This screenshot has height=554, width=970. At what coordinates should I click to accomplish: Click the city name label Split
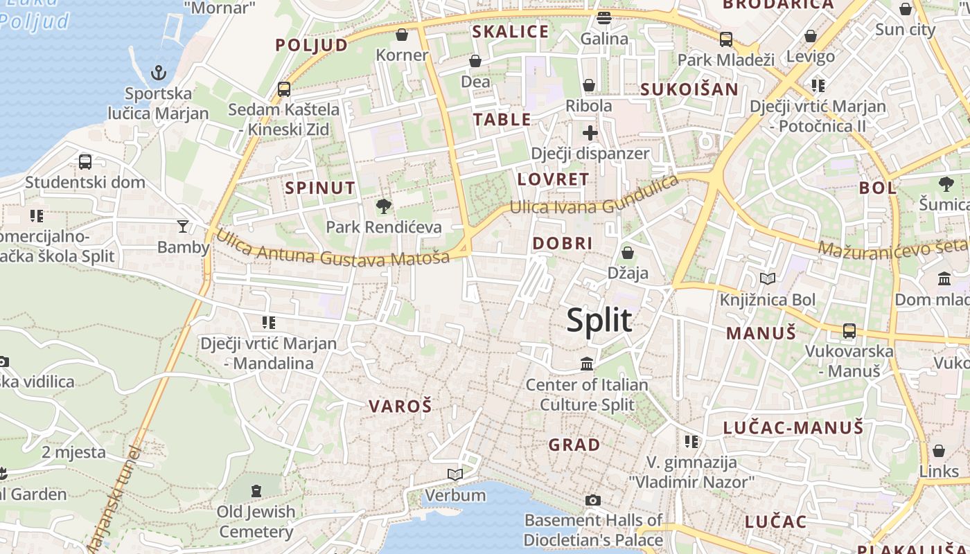[x=599, y=321]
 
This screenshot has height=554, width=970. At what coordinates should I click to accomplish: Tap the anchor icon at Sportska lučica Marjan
[x=159, y=72]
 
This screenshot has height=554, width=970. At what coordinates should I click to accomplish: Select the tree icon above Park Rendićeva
[x=383, y=206]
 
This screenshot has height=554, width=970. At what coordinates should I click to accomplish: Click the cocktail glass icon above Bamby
[x=182, y=226]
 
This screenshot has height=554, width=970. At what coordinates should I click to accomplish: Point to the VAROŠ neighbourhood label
[x=400, y=406]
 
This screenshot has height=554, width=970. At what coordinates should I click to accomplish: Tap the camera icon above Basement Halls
[x=592, y=500]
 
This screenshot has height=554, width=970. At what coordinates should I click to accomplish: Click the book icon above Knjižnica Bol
[x=767, y=278]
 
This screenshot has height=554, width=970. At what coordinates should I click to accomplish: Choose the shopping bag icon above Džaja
[x=628, y=253]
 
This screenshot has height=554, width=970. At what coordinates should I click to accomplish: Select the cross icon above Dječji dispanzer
[x=590, y=132]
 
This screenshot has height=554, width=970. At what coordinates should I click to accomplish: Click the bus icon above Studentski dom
[x=85, y=162]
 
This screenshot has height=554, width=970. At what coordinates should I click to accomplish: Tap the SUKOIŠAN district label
[x=689, y=89]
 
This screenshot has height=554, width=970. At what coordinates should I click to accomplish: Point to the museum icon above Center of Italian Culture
[x=587, y=364]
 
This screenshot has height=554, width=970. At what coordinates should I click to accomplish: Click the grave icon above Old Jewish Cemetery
[x=256, y=491]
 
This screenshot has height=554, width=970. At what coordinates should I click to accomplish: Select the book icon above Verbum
[x=455, y=474]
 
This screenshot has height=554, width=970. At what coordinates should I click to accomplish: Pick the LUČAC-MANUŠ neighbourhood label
[x=793, y=428]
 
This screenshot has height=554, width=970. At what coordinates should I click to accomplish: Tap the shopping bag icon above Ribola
[x=589, y=85]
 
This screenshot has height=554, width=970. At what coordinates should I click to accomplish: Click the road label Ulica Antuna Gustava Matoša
[x=333, y=249]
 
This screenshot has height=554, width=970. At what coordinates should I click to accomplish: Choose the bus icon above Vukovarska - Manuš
[x=849, y=331]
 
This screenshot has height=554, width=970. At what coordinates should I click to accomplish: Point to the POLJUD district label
[x=312, y=46]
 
